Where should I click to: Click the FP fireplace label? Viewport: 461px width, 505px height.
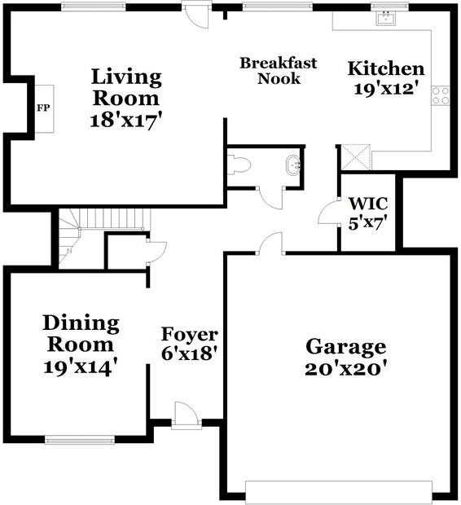pyautogui.click(x=43, y=108)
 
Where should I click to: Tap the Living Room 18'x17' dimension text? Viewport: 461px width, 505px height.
pyautogui.click(x=125, y=121)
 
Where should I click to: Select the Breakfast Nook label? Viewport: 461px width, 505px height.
pyautogui.click(x=279, y=71)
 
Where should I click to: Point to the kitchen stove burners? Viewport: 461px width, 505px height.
pyautogui.click(x=441, y=95)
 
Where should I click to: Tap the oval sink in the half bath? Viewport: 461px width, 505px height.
pyautogui.click(x=293, y=165)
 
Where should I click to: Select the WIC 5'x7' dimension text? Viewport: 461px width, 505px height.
pyautogui.click(x=367, y=222)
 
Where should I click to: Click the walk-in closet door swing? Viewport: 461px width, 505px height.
pyautogui.click(x=328, y=211)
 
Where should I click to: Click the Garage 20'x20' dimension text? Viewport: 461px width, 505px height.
pyautogui.click(x=345, y=369)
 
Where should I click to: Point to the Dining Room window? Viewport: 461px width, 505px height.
pyautogui.click(x=80, y=440)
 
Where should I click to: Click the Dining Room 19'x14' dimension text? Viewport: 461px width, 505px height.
pyautogui.click(x=81, y=367)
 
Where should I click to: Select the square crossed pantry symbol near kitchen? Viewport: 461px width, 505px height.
pyautogui.click(x=356, y=157)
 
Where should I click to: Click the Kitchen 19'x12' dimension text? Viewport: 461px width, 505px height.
pyautogui.click(x=388, y=89)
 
